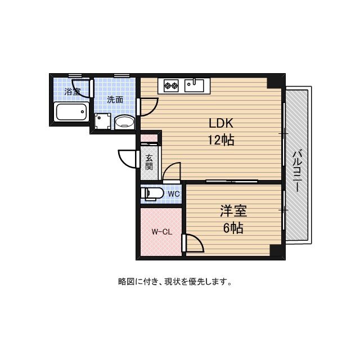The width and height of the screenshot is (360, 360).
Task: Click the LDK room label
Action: (221, 124)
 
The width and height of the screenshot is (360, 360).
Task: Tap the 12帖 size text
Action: (221, 141)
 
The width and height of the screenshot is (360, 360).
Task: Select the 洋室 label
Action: (233, 211)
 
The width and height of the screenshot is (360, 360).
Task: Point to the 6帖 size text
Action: (233, 228)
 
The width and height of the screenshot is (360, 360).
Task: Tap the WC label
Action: (173, 194)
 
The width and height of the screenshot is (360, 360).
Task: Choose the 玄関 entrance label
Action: (149, 163)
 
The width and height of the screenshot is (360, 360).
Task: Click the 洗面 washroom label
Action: (115, 100)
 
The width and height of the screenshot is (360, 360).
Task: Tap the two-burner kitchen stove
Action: (171, 85)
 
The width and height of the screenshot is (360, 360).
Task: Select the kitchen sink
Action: (195, 85)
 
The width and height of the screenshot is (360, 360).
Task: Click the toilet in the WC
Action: (154, 194)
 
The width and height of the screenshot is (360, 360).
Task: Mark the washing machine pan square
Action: (102, 121)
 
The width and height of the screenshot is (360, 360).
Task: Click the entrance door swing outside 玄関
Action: (128, 158)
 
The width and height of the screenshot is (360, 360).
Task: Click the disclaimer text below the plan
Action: (175, 282)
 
